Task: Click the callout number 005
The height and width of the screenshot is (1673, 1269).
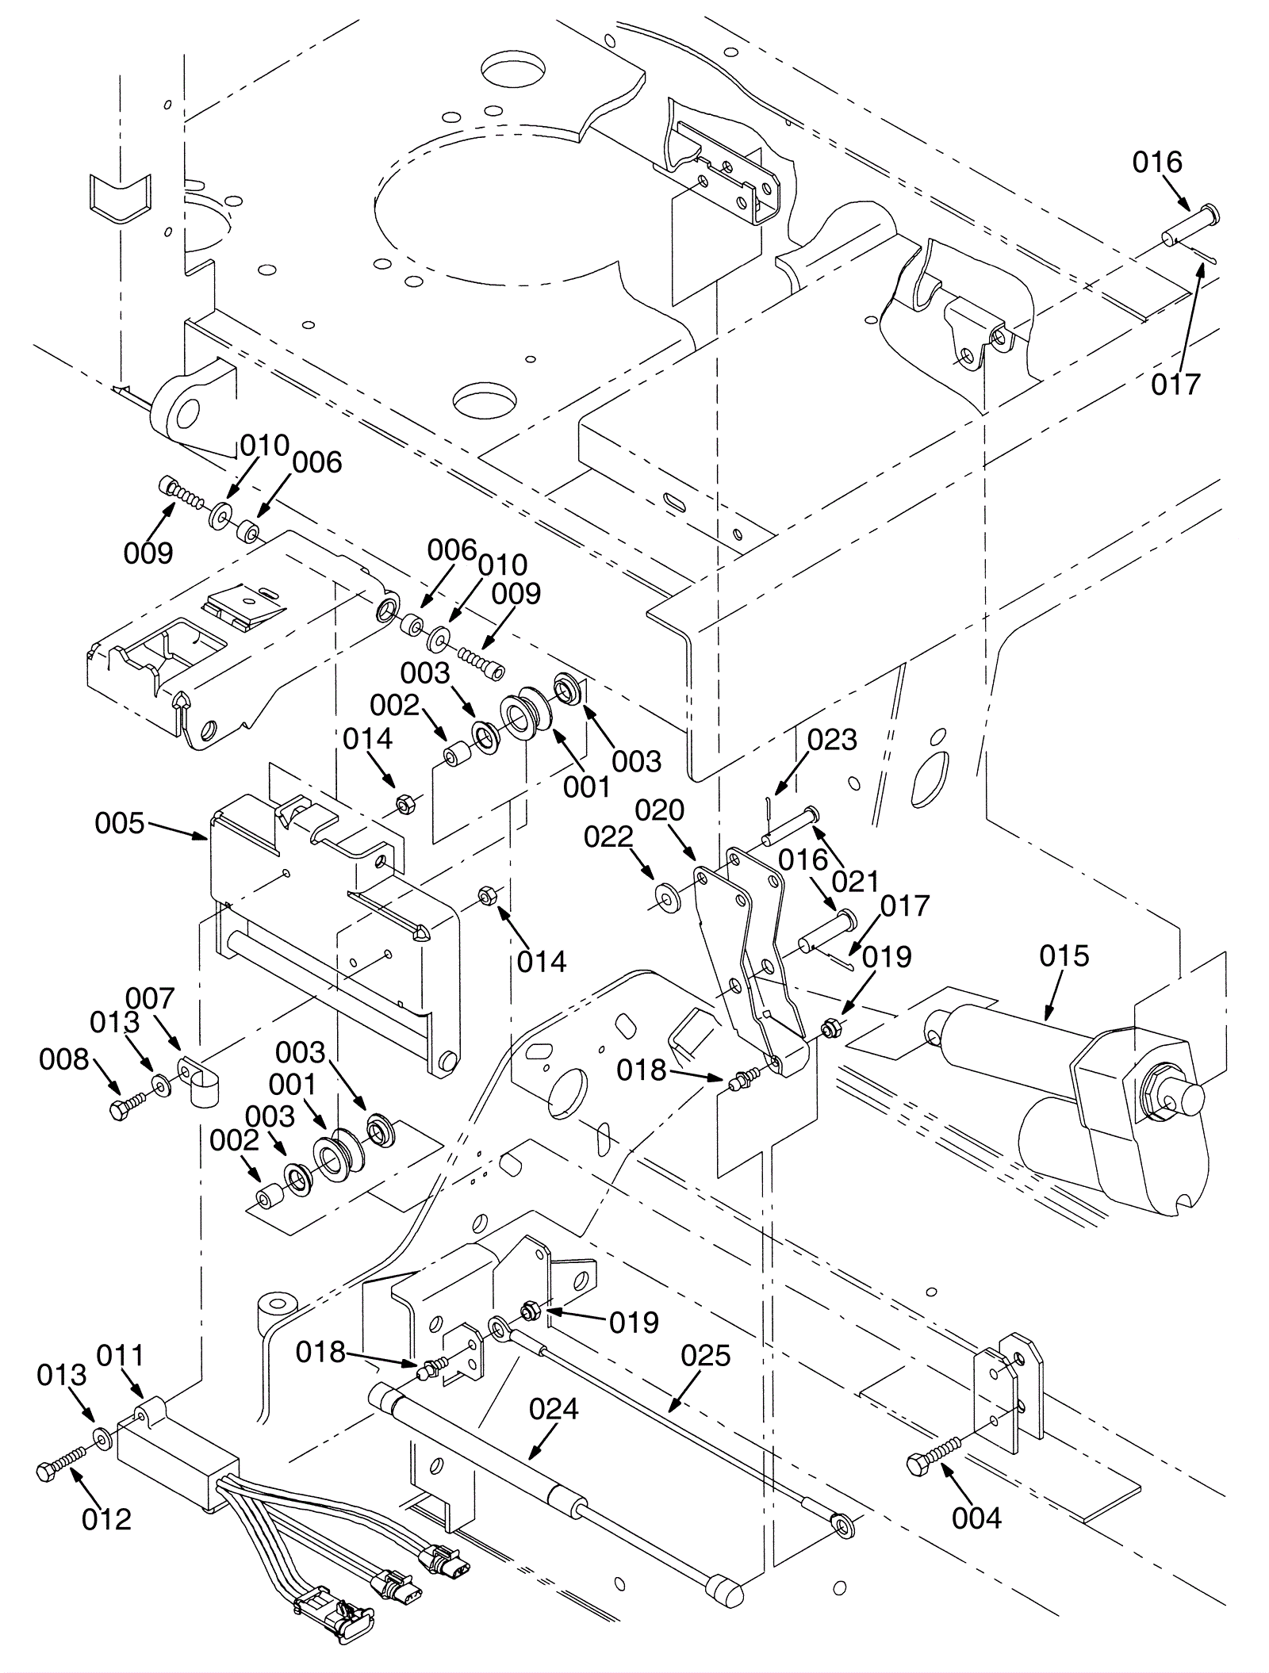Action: coord(120,824)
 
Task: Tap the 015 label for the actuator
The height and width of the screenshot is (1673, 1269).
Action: coord(1064,956)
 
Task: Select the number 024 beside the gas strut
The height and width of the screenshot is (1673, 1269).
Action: coord(554,1409)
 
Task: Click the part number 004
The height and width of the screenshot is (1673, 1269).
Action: coord(977,1518)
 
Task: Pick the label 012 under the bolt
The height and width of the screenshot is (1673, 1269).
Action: coord(106,1519)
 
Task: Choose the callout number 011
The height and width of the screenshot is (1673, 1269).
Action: coord(120,1356)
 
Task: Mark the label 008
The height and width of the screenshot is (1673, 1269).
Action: coord(64,1059)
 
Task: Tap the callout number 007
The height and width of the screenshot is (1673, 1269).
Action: coord(151,998)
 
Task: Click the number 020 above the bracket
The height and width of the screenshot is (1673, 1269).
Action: coord(659,810)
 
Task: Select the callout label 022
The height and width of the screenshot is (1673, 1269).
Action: coord(608,837)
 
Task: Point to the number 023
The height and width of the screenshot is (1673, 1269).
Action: coord(832,740)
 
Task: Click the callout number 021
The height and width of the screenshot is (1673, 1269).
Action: coord(855,881)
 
